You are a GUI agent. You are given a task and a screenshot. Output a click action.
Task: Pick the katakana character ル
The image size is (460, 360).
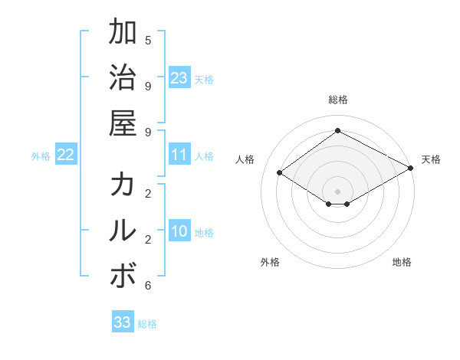tap(123, 230)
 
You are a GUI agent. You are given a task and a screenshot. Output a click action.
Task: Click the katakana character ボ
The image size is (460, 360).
tap(123, 276)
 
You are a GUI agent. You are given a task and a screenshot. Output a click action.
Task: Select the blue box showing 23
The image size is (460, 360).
tap(179, 77)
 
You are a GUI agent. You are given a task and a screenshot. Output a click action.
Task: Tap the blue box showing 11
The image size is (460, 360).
tap(179, 155)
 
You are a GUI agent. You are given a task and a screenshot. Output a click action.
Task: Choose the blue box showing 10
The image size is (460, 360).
tap(179, 231)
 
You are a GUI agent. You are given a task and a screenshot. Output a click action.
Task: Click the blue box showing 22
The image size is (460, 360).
tap(65, 155)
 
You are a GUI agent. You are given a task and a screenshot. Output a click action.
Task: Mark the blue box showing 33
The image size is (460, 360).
tap(122, 322)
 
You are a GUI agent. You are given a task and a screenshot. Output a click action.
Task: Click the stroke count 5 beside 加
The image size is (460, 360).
tap(148, 40)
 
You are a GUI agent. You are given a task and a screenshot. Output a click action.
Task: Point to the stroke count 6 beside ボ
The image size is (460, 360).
tap(148, 286)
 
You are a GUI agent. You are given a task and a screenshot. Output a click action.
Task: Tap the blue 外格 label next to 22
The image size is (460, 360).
tap(41, 156)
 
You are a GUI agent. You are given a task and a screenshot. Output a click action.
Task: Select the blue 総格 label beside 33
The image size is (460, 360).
tap(147, 324)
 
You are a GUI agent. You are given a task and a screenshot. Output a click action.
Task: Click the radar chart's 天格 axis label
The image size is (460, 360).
tap(431, 159)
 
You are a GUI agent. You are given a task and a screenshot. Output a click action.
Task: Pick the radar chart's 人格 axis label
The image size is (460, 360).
tap(245, 159)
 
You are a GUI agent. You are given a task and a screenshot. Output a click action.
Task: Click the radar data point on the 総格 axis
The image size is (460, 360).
tap(338, 130)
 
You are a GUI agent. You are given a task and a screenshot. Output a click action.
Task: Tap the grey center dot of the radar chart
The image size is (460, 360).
tap(338, 191)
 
